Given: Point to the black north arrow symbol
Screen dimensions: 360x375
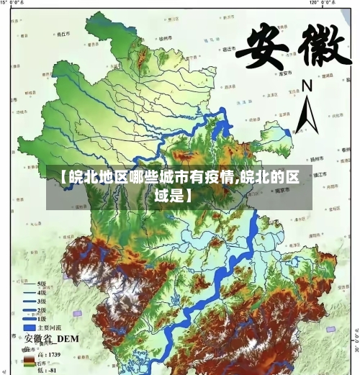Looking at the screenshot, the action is [x=307, y=117].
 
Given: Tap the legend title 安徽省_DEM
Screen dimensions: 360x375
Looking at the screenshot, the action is [x=51, y=338].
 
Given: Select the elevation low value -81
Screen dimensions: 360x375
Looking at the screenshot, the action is [x=52, y=370].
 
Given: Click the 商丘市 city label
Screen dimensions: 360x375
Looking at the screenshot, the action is [x=63, y=32].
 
